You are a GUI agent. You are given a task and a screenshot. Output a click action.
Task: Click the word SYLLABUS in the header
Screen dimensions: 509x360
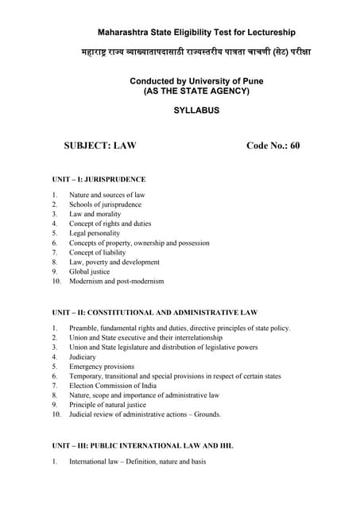(x=196, y=111)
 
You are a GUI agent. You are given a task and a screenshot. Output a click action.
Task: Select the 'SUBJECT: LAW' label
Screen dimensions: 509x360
(x=100, y=146)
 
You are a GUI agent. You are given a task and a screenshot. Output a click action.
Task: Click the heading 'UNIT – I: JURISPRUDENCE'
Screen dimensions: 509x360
(x=99, y=179)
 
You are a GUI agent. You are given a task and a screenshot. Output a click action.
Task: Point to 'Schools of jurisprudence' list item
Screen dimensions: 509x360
(x=105, y=204)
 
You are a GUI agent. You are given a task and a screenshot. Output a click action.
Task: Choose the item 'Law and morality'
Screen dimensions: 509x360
(x=94, y=214)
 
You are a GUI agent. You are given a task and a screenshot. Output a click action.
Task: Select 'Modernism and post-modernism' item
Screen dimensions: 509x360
(x=116, y=281)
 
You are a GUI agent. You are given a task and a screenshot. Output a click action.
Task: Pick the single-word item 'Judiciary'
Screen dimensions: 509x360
(x=83, y=357)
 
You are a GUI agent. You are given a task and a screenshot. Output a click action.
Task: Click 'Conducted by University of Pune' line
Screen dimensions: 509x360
(x=196, y=80)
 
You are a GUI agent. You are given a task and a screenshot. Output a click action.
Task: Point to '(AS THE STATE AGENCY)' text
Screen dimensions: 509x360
(x=196, y=91)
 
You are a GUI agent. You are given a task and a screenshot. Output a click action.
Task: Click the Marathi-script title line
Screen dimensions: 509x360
(x=196, y=52)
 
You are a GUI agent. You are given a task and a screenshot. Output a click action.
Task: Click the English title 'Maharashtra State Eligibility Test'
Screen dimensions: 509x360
(x=196, y=33)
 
